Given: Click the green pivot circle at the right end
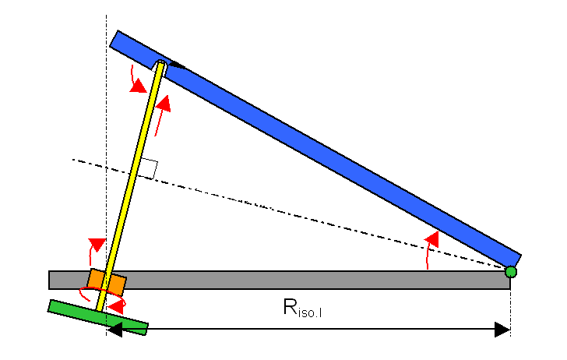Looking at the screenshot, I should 510,272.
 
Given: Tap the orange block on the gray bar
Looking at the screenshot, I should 106,282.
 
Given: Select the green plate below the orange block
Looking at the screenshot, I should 98,316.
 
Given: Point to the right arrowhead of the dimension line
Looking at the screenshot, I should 503,330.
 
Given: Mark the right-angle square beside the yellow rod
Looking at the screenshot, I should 150,168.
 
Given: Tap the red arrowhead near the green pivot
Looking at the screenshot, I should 433,238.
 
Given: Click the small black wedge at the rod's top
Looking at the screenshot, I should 176,66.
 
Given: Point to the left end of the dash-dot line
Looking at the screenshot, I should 75,160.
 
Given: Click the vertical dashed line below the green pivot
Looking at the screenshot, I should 510,308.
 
